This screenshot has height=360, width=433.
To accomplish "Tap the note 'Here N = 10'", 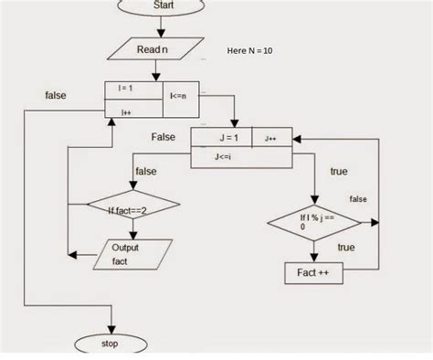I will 249,51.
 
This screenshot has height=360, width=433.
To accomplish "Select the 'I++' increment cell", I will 128,111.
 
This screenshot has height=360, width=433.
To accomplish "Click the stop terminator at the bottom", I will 113,344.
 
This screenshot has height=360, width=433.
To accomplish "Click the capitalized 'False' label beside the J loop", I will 164,136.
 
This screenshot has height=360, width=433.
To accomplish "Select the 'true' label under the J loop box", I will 339,172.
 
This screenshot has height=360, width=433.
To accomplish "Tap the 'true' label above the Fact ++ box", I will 346,248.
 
